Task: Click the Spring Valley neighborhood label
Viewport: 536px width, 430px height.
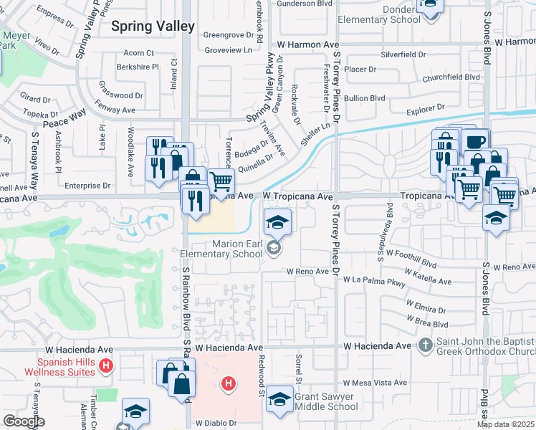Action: tap(153, 26)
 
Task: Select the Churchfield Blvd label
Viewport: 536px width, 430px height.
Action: tap(451, 77)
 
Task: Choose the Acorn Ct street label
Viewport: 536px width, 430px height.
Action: tap(139, 53)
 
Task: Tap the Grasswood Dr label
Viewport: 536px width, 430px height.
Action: tap(121, 95)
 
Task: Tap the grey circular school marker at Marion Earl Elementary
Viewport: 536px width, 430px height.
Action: tap(272, 248)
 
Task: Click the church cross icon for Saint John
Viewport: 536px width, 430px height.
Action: tap(424, 345)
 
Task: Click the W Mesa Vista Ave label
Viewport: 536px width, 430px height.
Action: tap(374, 383)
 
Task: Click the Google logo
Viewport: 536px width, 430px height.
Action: tap(24, 421)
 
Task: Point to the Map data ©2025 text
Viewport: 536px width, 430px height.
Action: tap(506, 424)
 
